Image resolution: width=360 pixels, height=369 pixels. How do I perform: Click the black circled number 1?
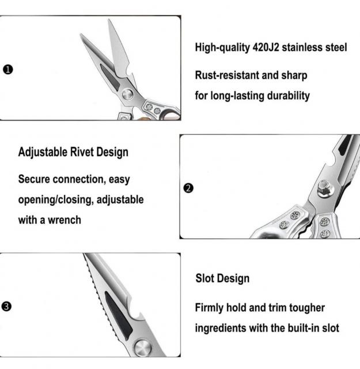(x=8, y=70)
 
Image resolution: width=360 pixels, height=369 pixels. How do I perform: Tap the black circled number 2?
(x=188, y=189)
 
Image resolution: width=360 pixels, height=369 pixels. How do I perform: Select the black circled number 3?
(x=6, y=306)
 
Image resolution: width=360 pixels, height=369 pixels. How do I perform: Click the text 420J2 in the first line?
(x=266, y=47)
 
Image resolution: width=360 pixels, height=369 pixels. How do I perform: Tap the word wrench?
(x=65, y=220)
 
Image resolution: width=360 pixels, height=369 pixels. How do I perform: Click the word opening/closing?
(x=55, y=200)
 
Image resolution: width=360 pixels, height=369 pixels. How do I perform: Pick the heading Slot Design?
(x=222, y=278)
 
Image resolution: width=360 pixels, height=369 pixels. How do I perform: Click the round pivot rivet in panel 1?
(x=128, y=95)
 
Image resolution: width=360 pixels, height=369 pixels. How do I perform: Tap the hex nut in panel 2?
(x=325, y=189)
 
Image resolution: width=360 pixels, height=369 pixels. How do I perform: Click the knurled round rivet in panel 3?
(x=142, y=348)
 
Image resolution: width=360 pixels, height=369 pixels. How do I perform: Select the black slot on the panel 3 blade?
(x=118, y=315)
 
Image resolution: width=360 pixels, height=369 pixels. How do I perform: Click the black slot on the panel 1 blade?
(x=110, y=77)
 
